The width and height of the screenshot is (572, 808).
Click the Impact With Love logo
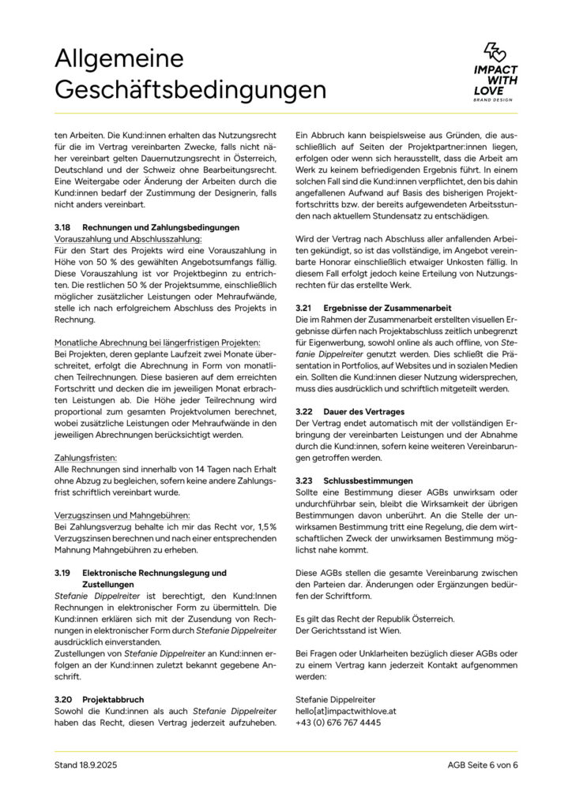click(495, 72)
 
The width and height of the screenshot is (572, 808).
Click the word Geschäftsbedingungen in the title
click(190, 89)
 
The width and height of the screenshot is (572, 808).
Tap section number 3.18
click(63, 227)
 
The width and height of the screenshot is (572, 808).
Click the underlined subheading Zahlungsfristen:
click(86, 457)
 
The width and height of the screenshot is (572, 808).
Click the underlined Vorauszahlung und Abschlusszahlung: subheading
click(128, 238)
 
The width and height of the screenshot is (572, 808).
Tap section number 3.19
click(63, 572)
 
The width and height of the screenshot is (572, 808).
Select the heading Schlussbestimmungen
click(368, 481)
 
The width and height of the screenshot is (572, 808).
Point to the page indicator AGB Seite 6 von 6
click(482, 765)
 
